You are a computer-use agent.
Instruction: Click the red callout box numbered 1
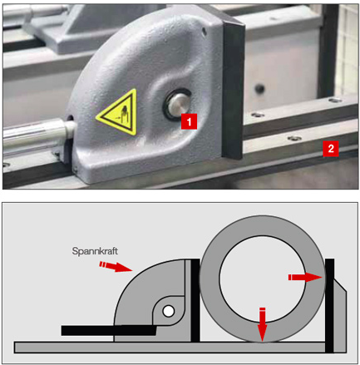pos(189,121)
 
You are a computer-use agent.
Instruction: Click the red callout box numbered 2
pos(330,149)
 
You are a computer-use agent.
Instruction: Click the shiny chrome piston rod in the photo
pos(35,134)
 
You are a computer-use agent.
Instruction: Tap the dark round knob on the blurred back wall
pos(259,88)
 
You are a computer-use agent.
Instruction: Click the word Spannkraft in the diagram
pos(95,251)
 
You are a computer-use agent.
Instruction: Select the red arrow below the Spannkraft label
pos(116,266)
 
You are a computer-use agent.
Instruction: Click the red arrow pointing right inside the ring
pos(305,277)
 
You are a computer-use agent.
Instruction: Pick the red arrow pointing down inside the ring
pos(262,324)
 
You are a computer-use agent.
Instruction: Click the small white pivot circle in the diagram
pos(168,311)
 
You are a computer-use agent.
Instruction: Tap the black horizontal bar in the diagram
pos(109,330)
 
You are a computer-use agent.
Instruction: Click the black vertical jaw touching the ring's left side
pos(195,300)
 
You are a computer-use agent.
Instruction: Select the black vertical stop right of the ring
pos(329,305)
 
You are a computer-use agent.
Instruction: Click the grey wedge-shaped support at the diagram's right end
pos(340,318)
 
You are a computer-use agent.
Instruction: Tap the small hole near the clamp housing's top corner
pos(205,32)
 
